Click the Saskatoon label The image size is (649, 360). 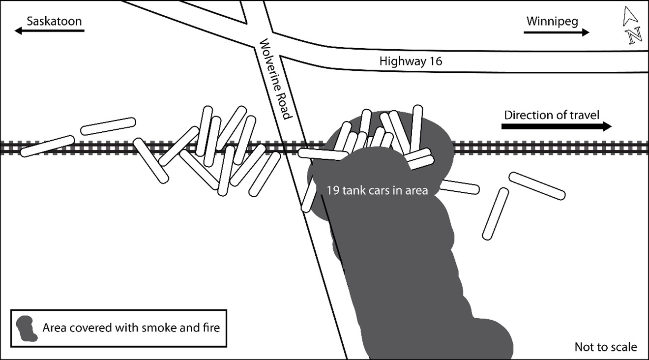tap(54, 21)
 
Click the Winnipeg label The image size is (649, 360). tap(552, 21)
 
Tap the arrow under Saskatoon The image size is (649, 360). tap(49, 31)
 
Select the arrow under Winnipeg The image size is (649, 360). tap(556, 32)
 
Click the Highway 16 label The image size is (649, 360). tap(411, 61)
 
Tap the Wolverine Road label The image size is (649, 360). tap(275, 81)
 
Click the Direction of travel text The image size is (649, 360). tap(552, 115)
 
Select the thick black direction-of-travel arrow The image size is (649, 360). tap(556, 126)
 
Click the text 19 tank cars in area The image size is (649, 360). tap(377, 190)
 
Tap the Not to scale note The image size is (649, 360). tap(606, 347)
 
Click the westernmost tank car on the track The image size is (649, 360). tap(47, 146)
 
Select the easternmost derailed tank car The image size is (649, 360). tap(536, 186)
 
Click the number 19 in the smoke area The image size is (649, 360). tap(332, 190)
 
